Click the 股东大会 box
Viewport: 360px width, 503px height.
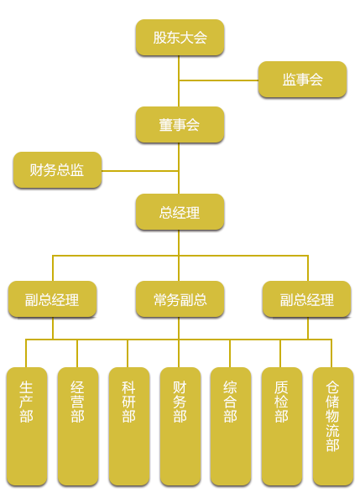click(x=180, y=38)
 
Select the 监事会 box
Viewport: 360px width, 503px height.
click(x=302, y=80)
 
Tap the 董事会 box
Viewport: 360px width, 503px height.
click(x=180, y=125)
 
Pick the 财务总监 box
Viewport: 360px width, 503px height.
click(x=58, y=170)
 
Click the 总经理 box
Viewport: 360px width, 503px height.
click(x=180, y=212)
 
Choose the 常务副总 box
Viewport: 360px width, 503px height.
click(x=180, y=299)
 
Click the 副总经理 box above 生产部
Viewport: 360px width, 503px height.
click(x=52, y=299)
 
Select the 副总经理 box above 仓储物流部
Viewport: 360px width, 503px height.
click(x=306, y=299)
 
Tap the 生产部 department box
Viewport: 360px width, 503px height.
click(x=27, y=427)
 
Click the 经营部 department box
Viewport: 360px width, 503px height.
click(x=78, y=427)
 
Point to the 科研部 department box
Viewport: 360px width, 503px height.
click(x=128, y=427)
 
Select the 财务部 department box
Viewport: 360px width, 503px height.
click(x=180, y=427)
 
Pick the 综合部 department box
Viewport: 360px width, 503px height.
click(x=231, y=427)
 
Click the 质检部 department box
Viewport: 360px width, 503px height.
click(x=282, y=427)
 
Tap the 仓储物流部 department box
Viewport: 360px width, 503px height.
click(x=333, y=427)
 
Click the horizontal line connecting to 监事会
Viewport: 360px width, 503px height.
click(x=219, y=80)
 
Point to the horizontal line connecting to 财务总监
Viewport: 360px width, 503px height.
click(x=140, y=171)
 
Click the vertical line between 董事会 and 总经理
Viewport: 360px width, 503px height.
click(x=179, y=169)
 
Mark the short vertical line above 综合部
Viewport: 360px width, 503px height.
click(x=230, y=353)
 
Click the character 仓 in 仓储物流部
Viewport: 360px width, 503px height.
click(x=332, y=387)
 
